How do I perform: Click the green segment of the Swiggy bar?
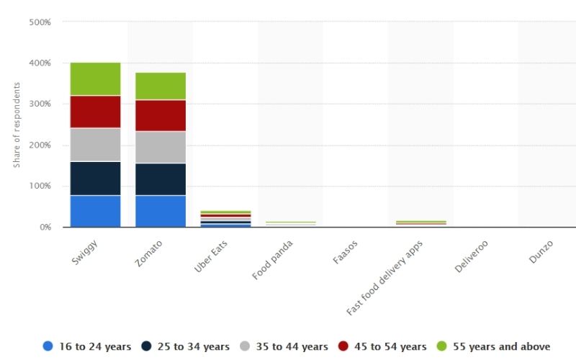point(95,78)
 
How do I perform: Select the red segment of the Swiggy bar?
point(95,112)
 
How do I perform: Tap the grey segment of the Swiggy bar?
point(95,144)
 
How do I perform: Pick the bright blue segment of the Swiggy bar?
point(95,211)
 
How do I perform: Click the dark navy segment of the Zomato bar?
point(161,179)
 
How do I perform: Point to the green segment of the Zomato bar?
point(161,86)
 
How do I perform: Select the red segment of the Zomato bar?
point(161,115)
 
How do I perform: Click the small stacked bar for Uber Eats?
point(225,219)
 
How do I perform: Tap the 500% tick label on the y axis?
point(40,22)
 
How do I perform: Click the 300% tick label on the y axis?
point(40,104)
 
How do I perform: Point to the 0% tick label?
point(45,227)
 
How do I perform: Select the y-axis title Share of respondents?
point(16,125)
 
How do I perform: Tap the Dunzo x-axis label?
point(540,252)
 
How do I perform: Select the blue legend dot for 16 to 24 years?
point(48,346)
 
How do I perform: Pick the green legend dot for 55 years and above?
point(441,346)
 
